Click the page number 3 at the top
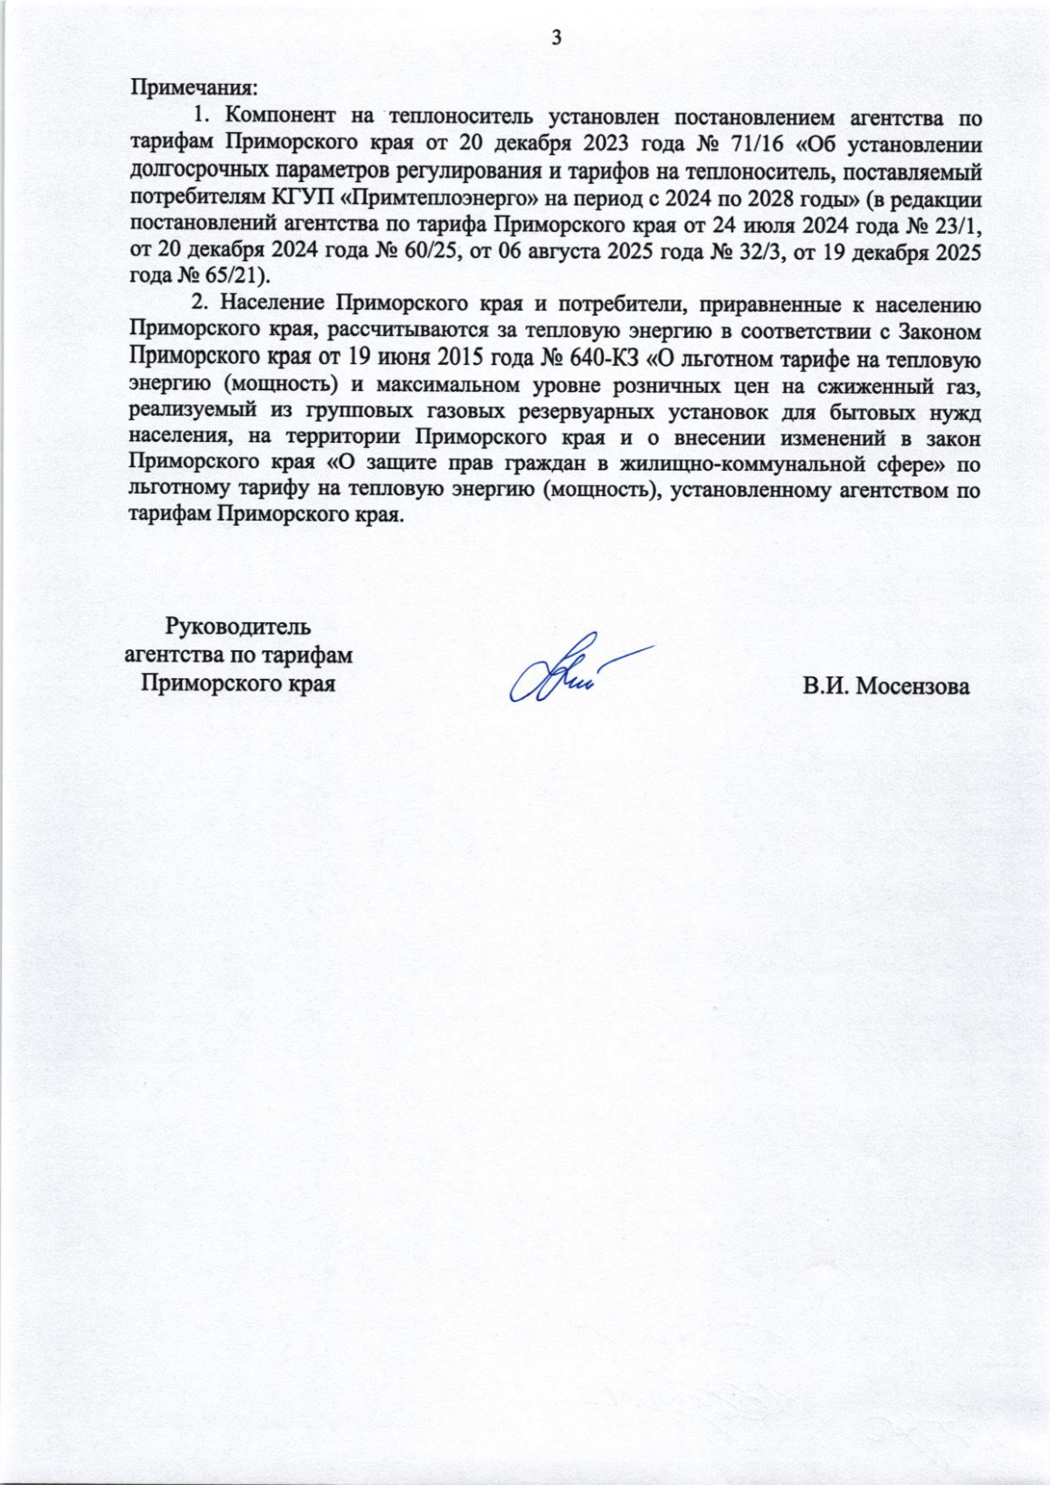[x=555, y=37]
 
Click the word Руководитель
[x=238, y=627]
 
